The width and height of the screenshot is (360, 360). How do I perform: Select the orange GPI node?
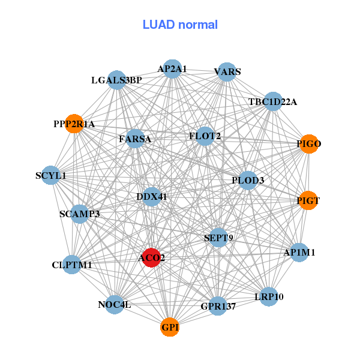point(170,327)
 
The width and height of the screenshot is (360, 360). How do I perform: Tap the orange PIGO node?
point(308,144)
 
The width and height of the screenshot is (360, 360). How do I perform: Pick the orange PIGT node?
point(308,201)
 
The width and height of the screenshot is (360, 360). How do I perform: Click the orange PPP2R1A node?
point(74,124)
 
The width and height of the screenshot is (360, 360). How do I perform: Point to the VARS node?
point(227,72)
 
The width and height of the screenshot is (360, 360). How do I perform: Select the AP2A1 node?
point(172,69)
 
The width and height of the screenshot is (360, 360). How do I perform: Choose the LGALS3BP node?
point(116,80)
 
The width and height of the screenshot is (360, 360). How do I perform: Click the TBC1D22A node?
point(273,101)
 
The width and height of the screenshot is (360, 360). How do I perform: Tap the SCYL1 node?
point(51,176)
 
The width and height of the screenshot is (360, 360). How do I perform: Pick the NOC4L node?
point(115,305)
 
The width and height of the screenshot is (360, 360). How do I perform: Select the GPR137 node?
point(218,306)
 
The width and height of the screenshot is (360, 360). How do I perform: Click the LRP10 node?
point(269,296)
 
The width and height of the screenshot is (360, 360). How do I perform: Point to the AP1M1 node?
point(299,253)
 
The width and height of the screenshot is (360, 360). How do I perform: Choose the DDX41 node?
point(151,196)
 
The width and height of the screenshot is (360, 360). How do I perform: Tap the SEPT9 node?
point(218,238)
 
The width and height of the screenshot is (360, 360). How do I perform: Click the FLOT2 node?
point(205,136)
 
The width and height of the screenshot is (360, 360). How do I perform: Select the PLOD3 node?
point(248,180)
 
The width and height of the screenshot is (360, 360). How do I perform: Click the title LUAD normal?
point(180,25)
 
